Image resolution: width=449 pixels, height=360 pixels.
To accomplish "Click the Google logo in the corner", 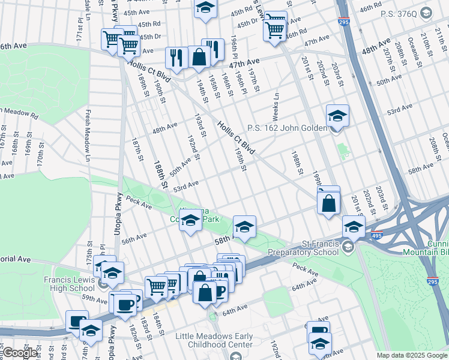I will [x=20, y=353].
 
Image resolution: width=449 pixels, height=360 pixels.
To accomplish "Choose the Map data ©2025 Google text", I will [x=412, y=355].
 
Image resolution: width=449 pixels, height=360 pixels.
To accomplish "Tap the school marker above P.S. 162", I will [x=337, y=115].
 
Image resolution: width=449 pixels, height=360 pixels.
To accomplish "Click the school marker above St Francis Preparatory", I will [x=354, y=227].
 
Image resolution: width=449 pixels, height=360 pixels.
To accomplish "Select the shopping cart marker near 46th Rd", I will [x=275, y=26].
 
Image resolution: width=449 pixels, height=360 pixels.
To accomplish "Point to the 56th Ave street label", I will [x=134, y=238].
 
